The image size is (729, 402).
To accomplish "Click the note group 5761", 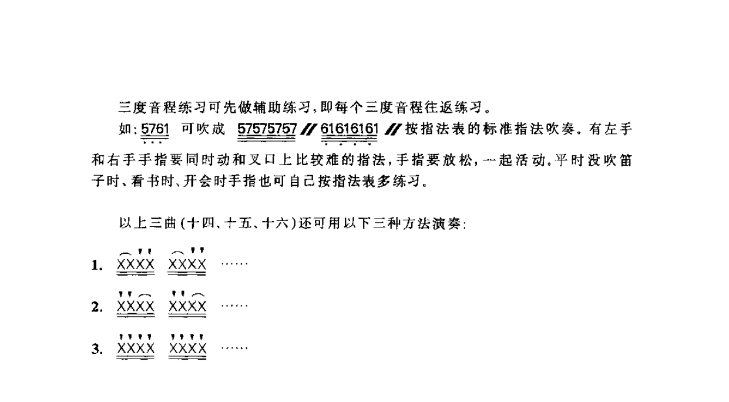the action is [x=155, y=129].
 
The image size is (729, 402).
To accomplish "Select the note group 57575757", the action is [x=267, y=129].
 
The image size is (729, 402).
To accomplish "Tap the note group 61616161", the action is [x=350, y=129].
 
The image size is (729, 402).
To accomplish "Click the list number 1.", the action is [x=97, y=266].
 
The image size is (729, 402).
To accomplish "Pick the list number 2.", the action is [x=97, y=307].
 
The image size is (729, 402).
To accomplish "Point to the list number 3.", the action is [x=97, y=349].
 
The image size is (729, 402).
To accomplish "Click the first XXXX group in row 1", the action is [x=136, y=264].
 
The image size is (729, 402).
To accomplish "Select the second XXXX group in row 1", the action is [x=187, y=264].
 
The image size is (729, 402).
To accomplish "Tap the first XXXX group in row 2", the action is [x=136, y=306].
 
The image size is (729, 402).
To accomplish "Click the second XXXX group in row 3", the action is [x=187, y=349].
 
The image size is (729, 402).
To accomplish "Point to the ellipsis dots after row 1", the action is [x=234, y=264].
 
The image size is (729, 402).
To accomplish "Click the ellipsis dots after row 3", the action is [x=234, y=349].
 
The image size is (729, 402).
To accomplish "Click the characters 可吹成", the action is [x=203, y=129].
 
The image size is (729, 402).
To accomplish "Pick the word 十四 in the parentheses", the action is [x=201, y=223].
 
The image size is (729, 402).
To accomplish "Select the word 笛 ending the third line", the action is [x=625, y=160].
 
